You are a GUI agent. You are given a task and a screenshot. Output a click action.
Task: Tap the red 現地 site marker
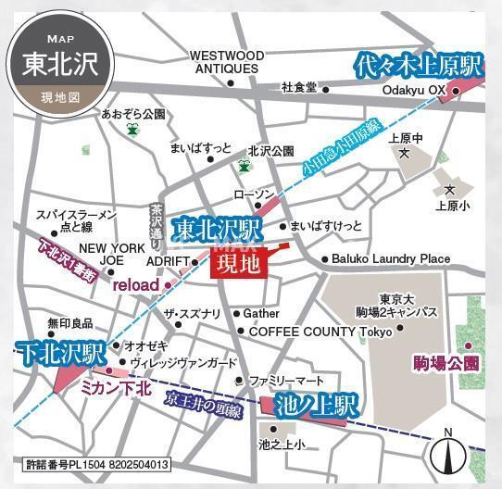coord(239,264)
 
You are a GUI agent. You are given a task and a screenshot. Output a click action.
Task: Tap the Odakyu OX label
coord(416,90)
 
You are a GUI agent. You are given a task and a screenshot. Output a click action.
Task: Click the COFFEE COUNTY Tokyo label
coord(320,331)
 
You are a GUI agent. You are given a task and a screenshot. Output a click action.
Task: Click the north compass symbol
coord(448,453)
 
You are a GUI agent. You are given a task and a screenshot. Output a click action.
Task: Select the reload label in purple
coord(136,285)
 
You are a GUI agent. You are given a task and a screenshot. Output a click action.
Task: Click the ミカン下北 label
coord(116,389)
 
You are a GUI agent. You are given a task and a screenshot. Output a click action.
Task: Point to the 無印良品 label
coord(65,323)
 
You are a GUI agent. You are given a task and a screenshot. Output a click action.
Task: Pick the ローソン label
coord(255,194)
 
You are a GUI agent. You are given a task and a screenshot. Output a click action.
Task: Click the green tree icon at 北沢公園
coord(244,166)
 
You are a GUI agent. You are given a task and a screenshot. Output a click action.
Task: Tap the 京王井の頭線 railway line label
coord(203,402)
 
